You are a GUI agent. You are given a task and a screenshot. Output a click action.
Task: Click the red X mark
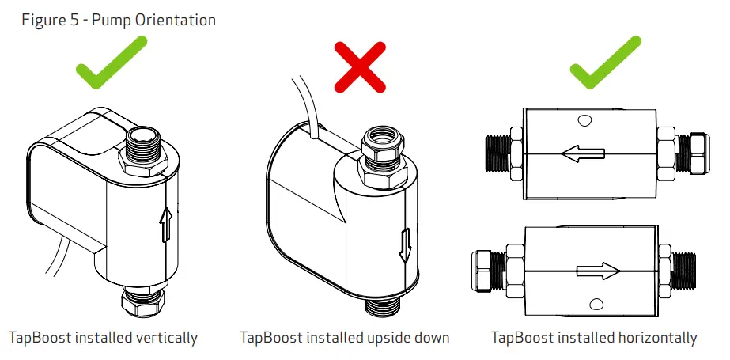(360, 67)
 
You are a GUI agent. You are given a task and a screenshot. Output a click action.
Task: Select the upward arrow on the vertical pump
(165, 223)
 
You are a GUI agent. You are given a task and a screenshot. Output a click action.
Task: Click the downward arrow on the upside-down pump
(405, 244)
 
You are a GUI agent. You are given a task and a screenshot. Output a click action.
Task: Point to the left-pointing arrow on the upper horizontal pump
(583, 155)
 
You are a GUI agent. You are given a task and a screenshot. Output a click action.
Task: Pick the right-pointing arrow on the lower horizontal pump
(597, 271)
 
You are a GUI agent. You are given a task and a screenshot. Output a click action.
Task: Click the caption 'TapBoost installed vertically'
(102, 338)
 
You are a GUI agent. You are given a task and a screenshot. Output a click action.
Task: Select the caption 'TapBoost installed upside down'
(345, 338)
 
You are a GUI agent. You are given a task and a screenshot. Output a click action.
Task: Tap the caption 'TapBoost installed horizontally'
(594, 338)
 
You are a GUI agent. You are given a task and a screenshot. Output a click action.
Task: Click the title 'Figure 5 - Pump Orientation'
(119, 20)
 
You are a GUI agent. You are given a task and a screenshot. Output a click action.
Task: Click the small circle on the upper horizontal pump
(584, 121)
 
